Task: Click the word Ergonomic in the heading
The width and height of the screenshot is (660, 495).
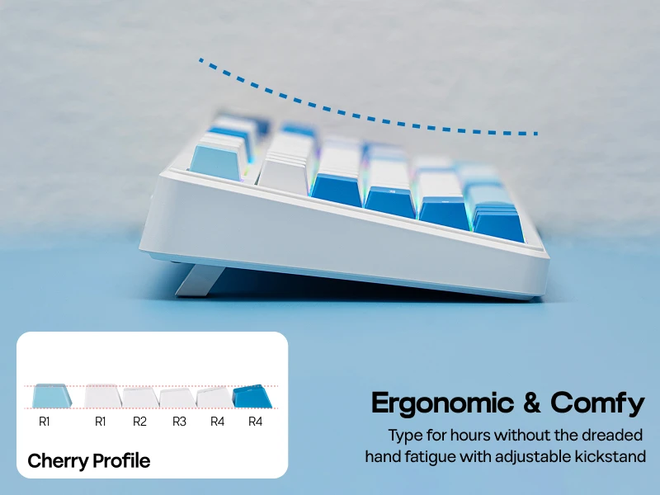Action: click(x=442, y=403)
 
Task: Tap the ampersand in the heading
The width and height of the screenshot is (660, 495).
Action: click(x=532, y=403)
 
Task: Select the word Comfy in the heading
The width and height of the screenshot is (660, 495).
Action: click(x=597, y=403)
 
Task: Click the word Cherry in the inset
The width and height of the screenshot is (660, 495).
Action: click(x=57, y=461)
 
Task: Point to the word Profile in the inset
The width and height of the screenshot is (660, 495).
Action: click(x=121, y=460)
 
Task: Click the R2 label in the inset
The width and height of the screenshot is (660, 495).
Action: click(x=139, y=422)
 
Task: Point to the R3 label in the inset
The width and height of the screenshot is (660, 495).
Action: click(x=179, y=422)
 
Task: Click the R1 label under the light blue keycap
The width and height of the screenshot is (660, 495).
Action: click(x=45, y=422)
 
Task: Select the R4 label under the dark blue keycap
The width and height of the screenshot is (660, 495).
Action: click(x=255, y=422)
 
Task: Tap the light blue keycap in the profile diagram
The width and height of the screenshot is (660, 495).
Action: click(x=51, y=396)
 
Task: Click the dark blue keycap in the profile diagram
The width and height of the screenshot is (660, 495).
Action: click(x=252, y=396)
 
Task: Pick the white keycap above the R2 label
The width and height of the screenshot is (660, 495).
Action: click(x=140, y=398)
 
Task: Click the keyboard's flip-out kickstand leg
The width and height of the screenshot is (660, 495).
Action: click(x=199, y=280)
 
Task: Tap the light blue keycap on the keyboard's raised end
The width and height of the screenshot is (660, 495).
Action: click(x=217, y=162)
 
